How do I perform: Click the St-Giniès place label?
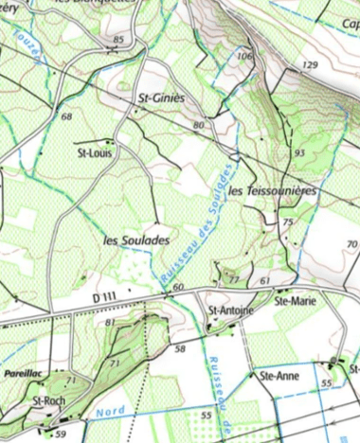coord(161,97)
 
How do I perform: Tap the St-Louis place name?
coord(94,152)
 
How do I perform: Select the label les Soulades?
coord(136,240)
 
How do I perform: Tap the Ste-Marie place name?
coord(294,300)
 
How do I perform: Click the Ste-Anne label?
coord(279,375)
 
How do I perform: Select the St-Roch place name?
coord(47,400)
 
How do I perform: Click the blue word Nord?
coord(111,412)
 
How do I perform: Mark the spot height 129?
coord(310,65)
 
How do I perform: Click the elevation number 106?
coord(244,57)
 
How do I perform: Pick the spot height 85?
coord(118,39)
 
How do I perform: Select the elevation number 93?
coord(299,152)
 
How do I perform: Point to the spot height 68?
coord(65,116)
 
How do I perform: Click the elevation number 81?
coord(110,323)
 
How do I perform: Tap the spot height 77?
coord(233,279)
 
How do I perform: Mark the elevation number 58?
coord(180,349)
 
